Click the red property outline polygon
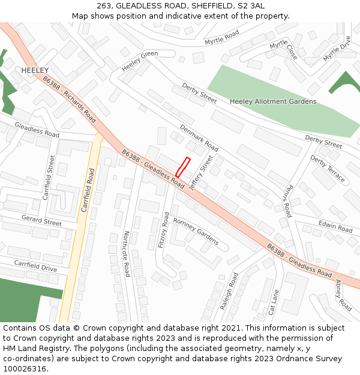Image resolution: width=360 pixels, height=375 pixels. (x=182, y=167)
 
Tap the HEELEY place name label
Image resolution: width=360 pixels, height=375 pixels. (x=35, y=71)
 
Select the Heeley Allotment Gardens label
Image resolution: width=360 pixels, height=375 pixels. (x=273, y=101)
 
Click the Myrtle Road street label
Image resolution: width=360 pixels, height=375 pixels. (x=221, y=38)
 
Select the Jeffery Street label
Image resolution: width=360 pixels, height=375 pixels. (x=201, y=173)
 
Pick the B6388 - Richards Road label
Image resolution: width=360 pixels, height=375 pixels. (x=70, y=99)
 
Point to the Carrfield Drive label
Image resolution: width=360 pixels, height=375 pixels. (x=35, y=266)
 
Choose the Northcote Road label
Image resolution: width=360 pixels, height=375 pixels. (x=127, y=254)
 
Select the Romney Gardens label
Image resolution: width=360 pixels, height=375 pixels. (x=196, y=230)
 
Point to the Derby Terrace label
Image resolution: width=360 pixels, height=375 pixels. (x=328, y=169)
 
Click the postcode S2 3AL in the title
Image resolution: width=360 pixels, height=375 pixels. (x=249, y=5)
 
